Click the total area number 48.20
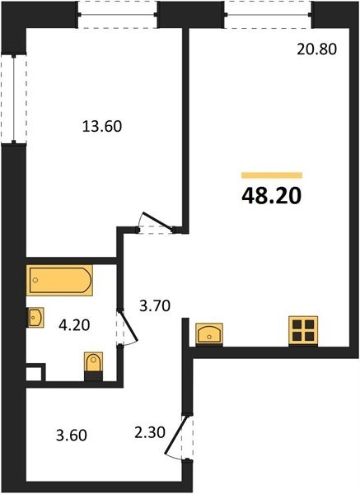click(271, 196)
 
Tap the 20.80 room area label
click(317, 49)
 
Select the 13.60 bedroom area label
click(102, 126)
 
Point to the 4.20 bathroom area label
click(74, 325)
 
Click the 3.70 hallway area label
click(155, 306)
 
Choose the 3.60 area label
click(72, 436)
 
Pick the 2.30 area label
click(150, 432)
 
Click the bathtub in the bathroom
click(59, 281)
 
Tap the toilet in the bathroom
click(94, 366)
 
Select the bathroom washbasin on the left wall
click(35, 318)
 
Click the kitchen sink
click(209, 334)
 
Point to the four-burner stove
click(303, 331)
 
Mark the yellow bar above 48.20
click(272, 175)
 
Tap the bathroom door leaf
click(129, 326)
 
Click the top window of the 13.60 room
click(118, 15)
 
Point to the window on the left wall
click(13, 99)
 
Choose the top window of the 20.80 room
click(268, 15)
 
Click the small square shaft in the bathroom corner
click(34, 374)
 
